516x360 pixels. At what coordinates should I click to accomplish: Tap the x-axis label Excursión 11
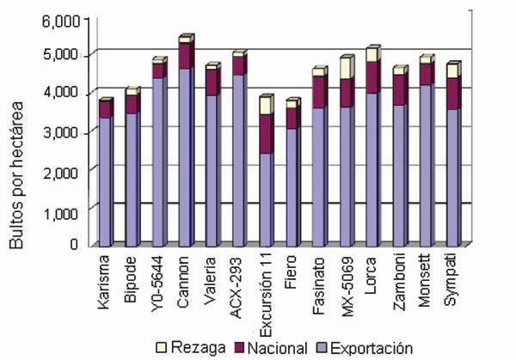(267, 287)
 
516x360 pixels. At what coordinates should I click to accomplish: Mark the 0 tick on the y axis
(75, 246)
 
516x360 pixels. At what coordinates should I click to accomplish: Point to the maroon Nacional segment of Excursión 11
(266, 134)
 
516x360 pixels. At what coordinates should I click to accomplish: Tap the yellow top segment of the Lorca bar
(372, 54)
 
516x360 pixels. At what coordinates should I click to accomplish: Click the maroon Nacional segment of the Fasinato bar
(319, 92)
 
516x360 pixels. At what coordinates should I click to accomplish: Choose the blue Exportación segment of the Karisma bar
(105, 180)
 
